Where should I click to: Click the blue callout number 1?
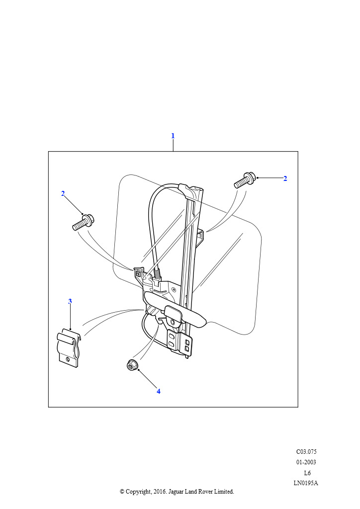tap(173, 136)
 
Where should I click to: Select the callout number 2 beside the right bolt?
tap(285, 178)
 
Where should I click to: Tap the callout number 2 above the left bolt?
tap(63, 193)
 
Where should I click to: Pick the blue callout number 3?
tap(70, 301)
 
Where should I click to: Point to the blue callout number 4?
tap(159, 391)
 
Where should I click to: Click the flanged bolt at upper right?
tap(245, 180)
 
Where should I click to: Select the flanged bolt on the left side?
tap(83, 222)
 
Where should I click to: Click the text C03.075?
tap(306, 451)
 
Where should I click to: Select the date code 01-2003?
tap(306, 462)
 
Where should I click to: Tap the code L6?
tap(307, 473)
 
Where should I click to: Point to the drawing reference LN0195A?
tap(306, 483)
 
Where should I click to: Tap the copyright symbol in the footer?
tap(122, 492)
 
